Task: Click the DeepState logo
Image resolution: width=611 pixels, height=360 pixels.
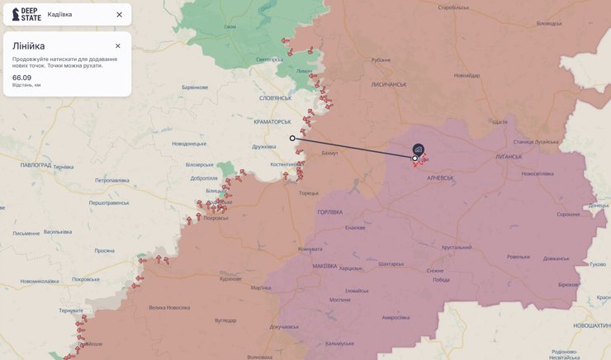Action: point(26,14)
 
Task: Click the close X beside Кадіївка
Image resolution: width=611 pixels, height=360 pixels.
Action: point(119,14)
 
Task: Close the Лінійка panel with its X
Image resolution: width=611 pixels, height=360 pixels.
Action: point(118,46)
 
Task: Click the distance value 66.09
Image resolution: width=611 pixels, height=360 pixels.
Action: point(21,77)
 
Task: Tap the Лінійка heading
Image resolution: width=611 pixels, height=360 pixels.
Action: point(29,46)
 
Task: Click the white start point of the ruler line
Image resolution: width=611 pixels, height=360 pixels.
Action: point(292,139)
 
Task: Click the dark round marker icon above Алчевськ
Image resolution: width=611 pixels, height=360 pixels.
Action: point(419,149)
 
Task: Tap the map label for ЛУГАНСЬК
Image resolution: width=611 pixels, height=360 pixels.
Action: point(509,157)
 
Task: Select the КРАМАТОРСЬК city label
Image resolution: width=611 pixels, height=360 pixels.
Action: point(274,121)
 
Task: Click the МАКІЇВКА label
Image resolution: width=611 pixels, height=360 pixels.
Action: point(324,266)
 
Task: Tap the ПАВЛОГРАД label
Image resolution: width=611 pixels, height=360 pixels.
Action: point(36,165)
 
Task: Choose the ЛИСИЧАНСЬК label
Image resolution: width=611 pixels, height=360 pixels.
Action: point(388,84)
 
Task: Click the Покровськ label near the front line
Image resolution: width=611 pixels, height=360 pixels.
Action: point(215,218)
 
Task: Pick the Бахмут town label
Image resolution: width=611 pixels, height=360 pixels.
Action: point(329,154)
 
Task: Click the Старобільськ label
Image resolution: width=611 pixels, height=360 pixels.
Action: point(454,7)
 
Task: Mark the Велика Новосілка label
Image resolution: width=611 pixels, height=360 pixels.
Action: point(169,307)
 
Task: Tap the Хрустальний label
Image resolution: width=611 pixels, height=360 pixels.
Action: point(456,247)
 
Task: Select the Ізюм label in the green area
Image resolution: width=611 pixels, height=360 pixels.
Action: point(230,26)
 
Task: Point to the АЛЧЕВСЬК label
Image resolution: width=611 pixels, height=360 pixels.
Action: point(440,178)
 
